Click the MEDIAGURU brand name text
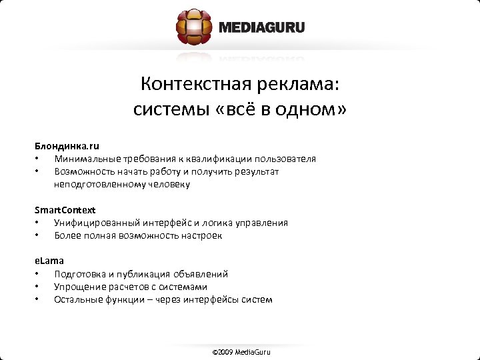[261, 28]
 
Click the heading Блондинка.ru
[67, 146]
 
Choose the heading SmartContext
[65, 210]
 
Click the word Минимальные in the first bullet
[85, 159]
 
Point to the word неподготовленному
[97, 184]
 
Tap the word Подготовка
[79, 274]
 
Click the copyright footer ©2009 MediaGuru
[241, 351]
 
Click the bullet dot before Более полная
[39, 235]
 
